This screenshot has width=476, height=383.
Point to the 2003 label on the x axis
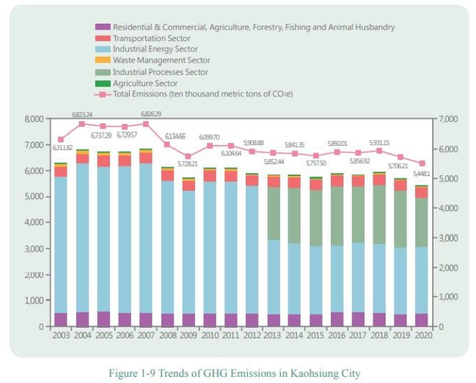pyautogui.click(x=61, y=336)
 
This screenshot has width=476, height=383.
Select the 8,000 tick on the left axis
pyautogui.click(x=34, y=119)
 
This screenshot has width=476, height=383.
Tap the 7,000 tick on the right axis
pyautogui.click(x=448, y=119)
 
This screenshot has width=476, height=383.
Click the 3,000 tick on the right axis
pyautogui.click(x=448, y=238)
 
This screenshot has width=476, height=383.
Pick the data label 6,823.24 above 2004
pyautogui.click(x=82, y=115)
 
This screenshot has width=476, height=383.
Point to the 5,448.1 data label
pyautogui.click(x=421, y=173)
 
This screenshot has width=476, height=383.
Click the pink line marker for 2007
pyautogui.click(x=146, y=123)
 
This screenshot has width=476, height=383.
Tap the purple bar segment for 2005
pyautogui.click(x=103, y=319)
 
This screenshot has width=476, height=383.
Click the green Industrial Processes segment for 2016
pyautogui.click(x=337, y=216)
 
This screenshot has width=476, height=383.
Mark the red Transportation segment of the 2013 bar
pyautogui.click(x=273, y=181)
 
